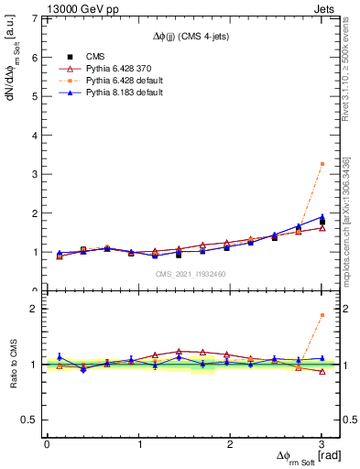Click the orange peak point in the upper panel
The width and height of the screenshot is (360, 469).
tap(322, 164)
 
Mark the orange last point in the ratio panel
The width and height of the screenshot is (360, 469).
tap(322, 315)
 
